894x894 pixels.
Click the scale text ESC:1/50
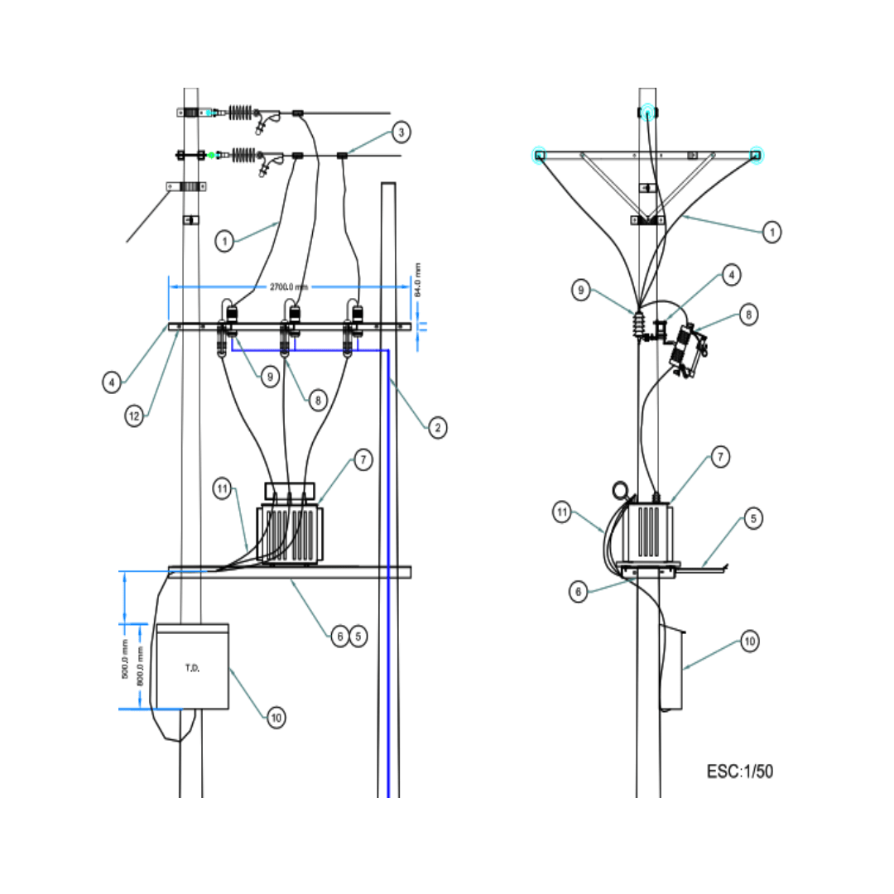(x=739, y=771)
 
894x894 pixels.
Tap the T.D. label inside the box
(x=191, y=667)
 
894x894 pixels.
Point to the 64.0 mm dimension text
(x=417, y=280)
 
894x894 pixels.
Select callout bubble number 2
(x=437, y=427)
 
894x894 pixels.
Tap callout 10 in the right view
(x=749, y=641)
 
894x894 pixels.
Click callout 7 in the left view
(x=363, y=461)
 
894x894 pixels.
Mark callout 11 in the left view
(x=221, y=488)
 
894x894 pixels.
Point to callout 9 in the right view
(x=582, y=290)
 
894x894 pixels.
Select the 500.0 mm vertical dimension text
(x=125, y=660)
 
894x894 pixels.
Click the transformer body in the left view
(x=289, y=535)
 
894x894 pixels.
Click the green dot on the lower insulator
(x=211, y=155)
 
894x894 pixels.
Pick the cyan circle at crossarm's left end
(x=539, y=155)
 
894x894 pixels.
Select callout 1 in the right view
(x=771, y=233)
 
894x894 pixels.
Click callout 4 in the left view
(x=113, y=382)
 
